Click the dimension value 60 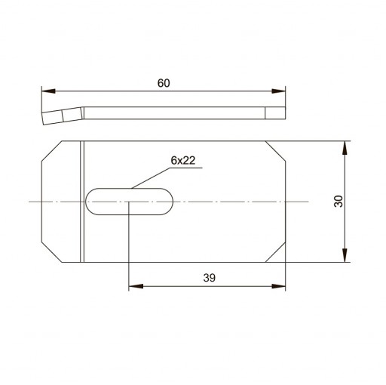(x=164, y=83)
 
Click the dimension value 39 (x=210, y=278)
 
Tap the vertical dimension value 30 (x=339, y=202)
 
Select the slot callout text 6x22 (x=183, y=160)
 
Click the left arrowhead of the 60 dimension (x=48, y=91)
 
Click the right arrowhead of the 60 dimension (x=279, y=91)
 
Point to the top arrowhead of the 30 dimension (x=345, y=148)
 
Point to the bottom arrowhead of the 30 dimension (x=345, y=255)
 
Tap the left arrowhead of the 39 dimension (x=136, y=286)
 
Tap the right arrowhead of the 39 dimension (x=279, y=286)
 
